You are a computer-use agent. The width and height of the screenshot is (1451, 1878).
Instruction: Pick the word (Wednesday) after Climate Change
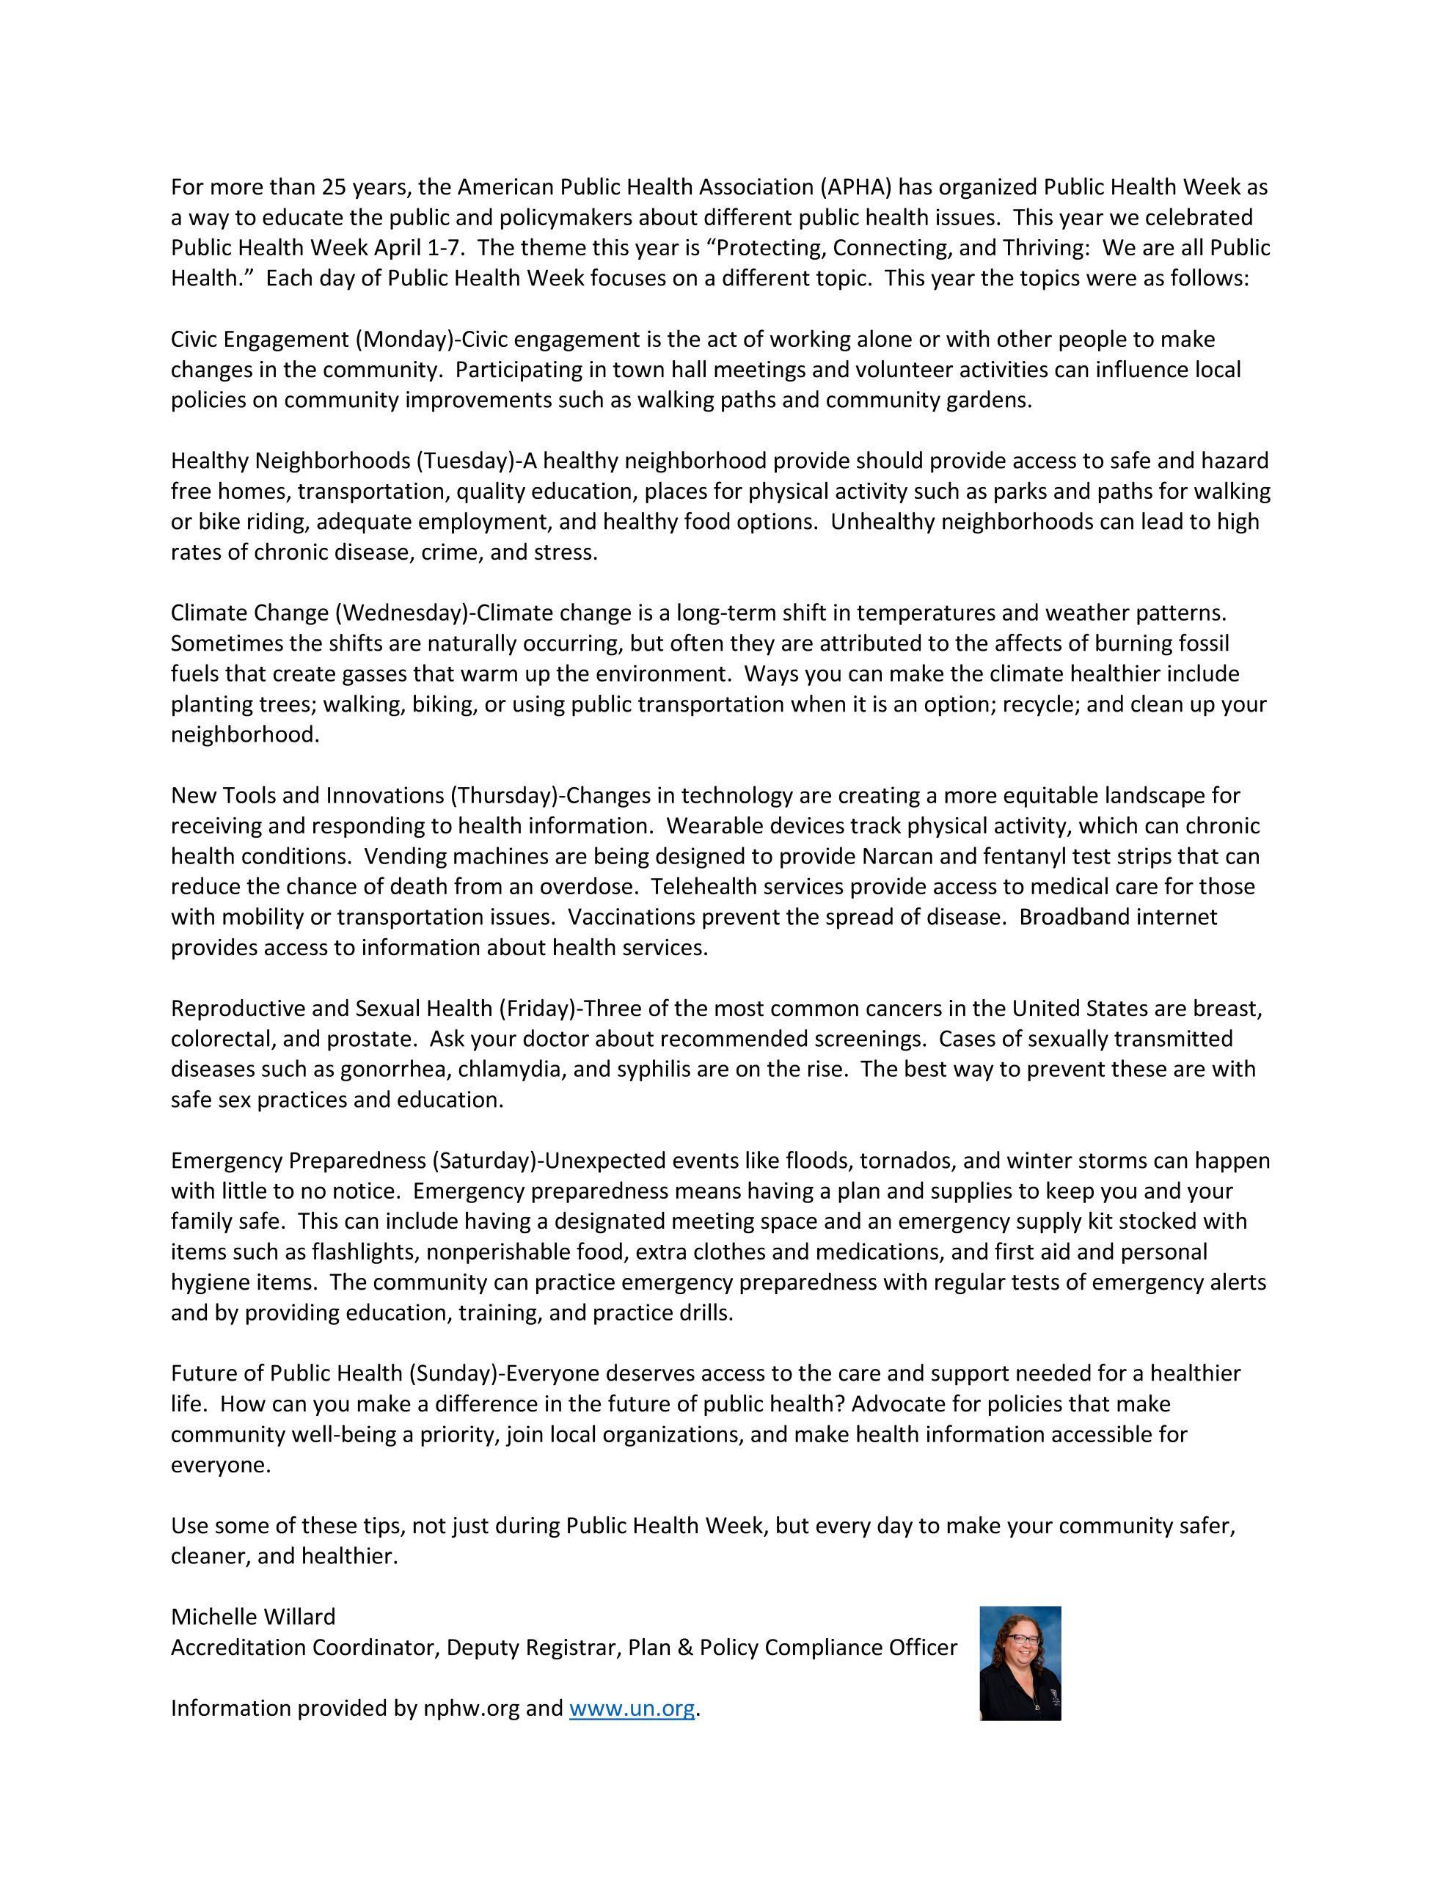(x=403, y=613)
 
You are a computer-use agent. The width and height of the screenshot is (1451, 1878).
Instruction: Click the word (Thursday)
(x=507, y=795)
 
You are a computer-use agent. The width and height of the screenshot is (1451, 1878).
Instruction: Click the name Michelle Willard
(x=253, y=1617)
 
